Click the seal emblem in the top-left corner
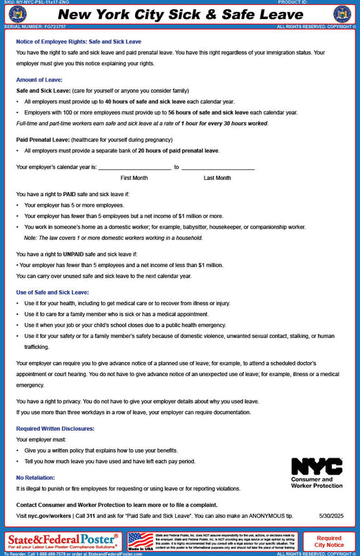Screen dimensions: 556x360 [17, 14]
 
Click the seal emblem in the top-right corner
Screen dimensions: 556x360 [342, 14]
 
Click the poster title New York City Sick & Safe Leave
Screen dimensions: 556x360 [179, 15]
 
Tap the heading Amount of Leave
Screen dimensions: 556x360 [39, 79]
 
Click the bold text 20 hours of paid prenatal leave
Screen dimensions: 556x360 [178, 150]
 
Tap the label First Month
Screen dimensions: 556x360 [134, 178]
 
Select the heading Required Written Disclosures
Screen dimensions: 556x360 [55, 428]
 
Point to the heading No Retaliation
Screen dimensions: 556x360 [37, 477]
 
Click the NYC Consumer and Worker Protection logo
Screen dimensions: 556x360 [316, 472]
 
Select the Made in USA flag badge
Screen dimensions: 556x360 [141, 541]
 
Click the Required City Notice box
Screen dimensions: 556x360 [329, 541]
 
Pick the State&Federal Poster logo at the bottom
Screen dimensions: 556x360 [63, 541]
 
